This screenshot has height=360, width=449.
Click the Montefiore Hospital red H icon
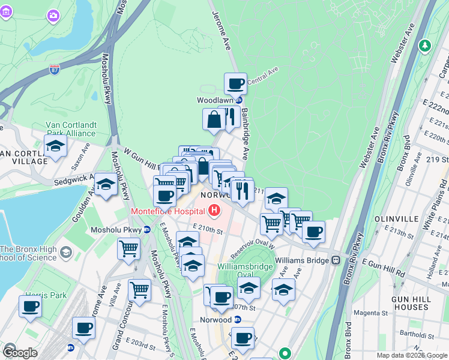214,211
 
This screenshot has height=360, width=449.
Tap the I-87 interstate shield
55,70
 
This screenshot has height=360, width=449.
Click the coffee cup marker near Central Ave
236,83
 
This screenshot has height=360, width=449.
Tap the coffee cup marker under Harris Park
30,307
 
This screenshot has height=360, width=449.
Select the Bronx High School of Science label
29,253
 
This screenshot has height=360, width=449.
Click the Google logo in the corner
20,352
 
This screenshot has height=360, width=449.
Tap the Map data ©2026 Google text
411,355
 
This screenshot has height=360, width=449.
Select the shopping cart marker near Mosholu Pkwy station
128,248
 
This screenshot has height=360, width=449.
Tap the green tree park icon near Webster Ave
425,45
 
